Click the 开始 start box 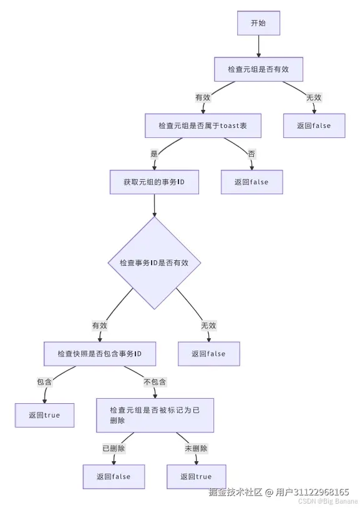click(x=258, y=23)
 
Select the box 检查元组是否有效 click(x=258, y=69)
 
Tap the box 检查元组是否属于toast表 click(x=202, y=125)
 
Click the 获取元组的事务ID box click(x=153, y=182)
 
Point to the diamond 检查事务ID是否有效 click(x=154, y=263)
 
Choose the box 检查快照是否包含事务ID click(x=99, y=354)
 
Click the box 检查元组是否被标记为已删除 click(x=155, y=415)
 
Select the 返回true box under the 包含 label click(x=44, y=415)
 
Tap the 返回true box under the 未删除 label click(x=196, y=477)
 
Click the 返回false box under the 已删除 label click(x=114, y=477)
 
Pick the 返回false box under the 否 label click(x=252, y=182)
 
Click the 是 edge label click(x=154, y=154)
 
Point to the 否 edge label click(x=251, y=154)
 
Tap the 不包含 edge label click(x=155, y=382)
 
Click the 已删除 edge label click(x=114, y=448)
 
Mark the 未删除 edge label click(x=196, y=448)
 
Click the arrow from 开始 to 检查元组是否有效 click(x=258, y=46)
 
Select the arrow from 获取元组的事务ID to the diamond click(x=154, y=205)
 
